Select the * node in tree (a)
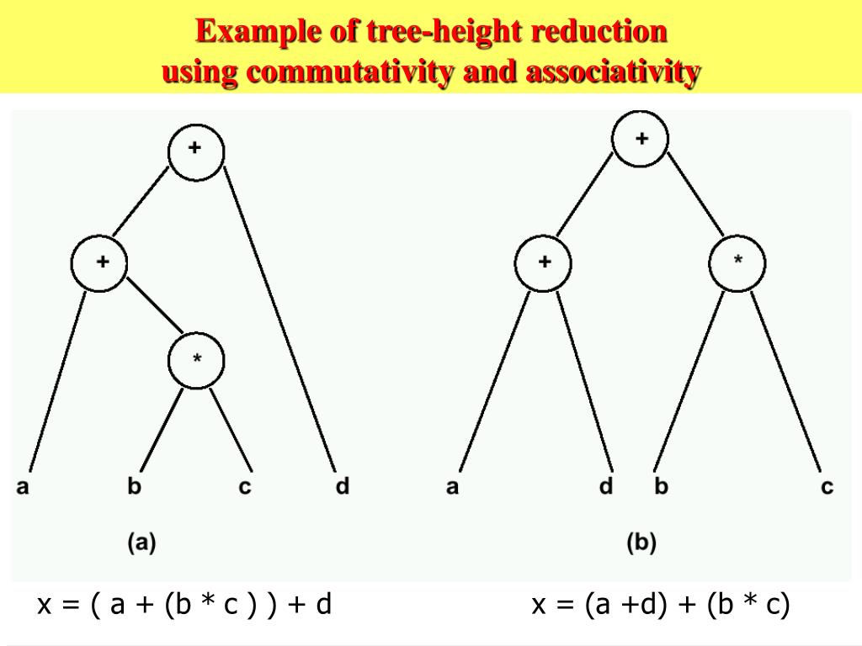coord(197,361)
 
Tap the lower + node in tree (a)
coord(99,264)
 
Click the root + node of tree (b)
coord(640,140)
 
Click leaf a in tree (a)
coord(24,486)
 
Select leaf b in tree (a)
coord(134,486)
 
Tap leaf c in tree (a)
coord(245,487)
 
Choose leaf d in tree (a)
coord(341,486)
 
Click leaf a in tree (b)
coord(453,486)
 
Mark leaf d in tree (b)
coord(606,486)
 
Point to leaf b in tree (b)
coord(661,486)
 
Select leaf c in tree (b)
coord(827,487)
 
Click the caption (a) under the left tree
coord(141,543)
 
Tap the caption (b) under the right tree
coord(641,543)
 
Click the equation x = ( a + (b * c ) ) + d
coord(184,604)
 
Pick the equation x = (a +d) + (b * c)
coord(660,604)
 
